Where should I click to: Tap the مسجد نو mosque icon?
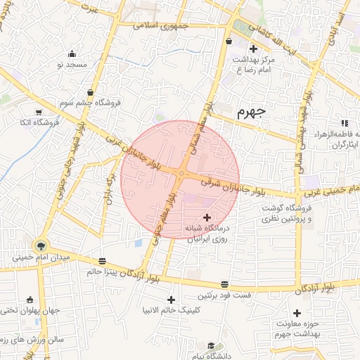tap(73, 53)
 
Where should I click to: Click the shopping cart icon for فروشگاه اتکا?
tap(39, 111)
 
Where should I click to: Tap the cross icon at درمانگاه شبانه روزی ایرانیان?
tap(206, 218)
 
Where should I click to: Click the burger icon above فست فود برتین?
tap(224, 284)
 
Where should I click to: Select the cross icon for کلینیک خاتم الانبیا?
tap(170, 300)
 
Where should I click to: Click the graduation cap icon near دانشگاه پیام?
tap(210, 346)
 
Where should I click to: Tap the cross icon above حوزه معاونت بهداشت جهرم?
tap(297, 312)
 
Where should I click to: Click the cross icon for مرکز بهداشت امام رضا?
tap(253, 49)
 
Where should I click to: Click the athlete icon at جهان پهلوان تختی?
tap(29, 300)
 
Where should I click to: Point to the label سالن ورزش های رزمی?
tap(32, 339)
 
